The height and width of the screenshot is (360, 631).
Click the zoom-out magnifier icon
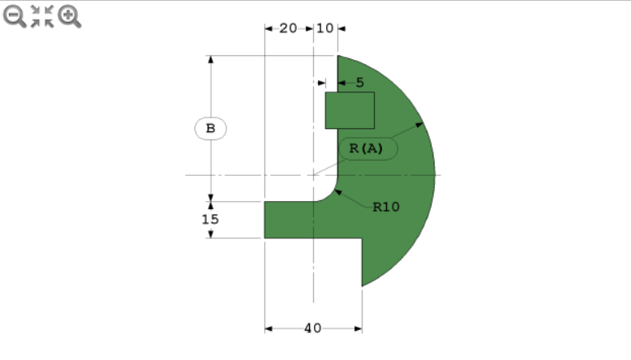(14, 15)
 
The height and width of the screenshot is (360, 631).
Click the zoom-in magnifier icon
(69, 15)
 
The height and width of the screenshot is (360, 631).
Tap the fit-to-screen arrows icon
(41, 15)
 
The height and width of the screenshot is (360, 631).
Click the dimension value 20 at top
(288, 28)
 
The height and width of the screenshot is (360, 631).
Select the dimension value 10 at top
(324, 28)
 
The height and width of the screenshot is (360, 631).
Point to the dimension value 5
(359, 83)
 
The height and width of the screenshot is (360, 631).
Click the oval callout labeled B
(210, 128)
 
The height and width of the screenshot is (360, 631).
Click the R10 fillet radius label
(386, 207)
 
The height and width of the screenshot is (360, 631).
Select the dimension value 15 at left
(210, 219)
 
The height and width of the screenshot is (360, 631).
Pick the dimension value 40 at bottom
(312, 328)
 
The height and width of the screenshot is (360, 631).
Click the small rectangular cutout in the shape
(350, 110)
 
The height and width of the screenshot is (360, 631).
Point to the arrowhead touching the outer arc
(420, 124)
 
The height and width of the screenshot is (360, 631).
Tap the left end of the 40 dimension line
(267, 328)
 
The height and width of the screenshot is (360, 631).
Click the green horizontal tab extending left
(292, 220)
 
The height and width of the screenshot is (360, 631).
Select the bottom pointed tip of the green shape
(363, 285)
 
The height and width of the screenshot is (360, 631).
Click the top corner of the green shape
(339, 57)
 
